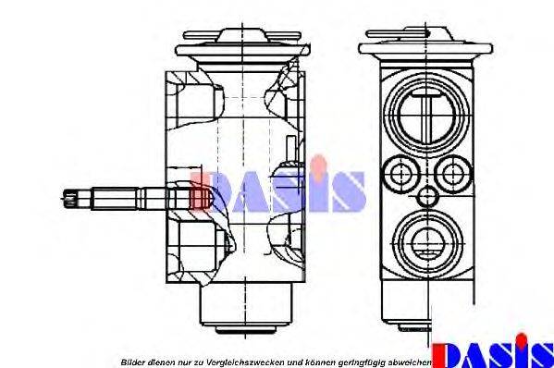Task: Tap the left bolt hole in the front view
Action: [400, 173]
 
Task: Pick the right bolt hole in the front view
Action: [451, 173]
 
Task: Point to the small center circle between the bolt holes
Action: [425, 197]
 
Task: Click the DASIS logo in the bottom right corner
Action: [495, 353]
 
